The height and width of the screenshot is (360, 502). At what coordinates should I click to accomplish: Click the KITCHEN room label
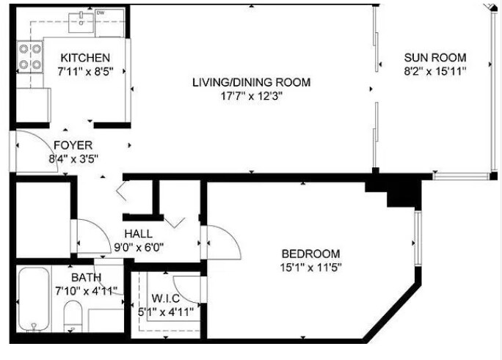(x=85, y=58)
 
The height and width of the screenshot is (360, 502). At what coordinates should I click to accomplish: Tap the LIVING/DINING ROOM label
(x=251, y=83)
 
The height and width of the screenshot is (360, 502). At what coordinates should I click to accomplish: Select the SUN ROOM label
(x=435, y=57)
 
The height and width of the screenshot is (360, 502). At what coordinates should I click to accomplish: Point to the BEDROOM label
(x=310, y=254)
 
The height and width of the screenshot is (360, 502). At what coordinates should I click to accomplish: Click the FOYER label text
(x=73, y=145)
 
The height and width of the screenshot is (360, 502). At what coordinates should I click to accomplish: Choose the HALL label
(x=138, y=234)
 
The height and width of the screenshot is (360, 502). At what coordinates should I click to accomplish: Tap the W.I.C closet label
(x=165, y=298)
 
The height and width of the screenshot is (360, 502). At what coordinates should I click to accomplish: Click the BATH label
(x=86, y=277)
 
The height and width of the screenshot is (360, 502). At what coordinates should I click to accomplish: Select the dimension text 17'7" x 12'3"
(x=251, y=96)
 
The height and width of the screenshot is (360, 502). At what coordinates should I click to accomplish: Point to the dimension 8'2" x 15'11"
(x=435, y=71)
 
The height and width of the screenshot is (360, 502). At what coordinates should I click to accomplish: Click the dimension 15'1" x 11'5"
(x=310, y=268)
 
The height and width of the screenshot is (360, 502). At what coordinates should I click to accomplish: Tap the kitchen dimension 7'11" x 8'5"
(x=85, y=71)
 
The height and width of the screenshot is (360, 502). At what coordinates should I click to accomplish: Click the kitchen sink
(x=81, y=22)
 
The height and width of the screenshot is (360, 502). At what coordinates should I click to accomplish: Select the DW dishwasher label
(x=101, y=13)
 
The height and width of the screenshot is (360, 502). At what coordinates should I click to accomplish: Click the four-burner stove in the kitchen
(x=30, y=57)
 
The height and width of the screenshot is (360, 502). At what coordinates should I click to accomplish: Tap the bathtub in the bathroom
(x=34, y=300)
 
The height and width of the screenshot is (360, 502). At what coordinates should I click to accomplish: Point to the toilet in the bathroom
(x=73, y=316)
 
